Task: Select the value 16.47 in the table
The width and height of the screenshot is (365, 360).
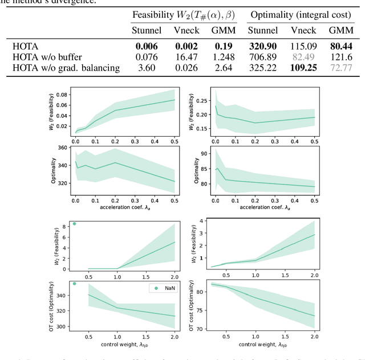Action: point(186,57)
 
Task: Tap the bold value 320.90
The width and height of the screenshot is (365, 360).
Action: point(263,46)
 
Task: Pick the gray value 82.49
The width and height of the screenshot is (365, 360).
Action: point(303,57)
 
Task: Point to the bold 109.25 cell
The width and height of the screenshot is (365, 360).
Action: point(303,68)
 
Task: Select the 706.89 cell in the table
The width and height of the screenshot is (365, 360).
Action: point(263,57)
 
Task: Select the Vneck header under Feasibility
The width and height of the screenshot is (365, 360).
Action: point(186,30)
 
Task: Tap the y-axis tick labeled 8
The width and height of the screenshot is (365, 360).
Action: point(66,226)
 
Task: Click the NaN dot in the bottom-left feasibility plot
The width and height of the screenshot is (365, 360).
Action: point(75,224)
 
